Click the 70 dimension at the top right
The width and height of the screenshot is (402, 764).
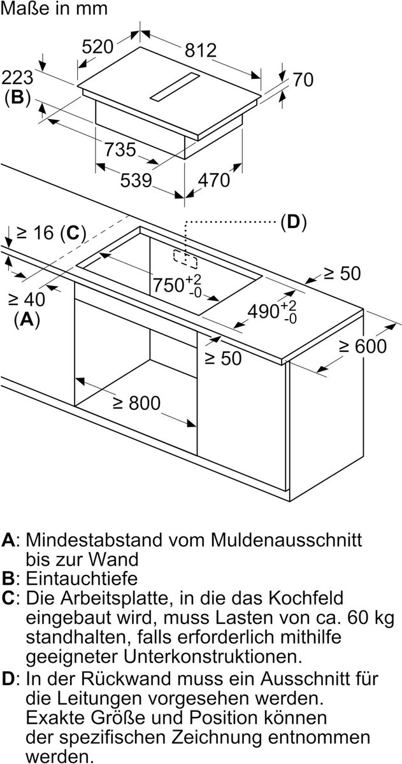tap(303, 80)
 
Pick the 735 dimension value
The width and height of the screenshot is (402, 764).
tap(120, 150)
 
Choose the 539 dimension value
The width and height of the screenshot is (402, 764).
tap(136, 181)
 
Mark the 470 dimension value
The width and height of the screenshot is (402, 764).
tap(213, 180)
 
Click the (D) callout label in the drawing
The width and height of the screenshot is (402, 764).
tap(293, 222)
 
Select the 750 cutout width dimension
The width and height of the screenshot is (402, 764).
tap(168, 285)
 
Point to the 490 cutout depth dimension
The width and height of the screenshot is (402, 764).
tap(264, 311)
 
